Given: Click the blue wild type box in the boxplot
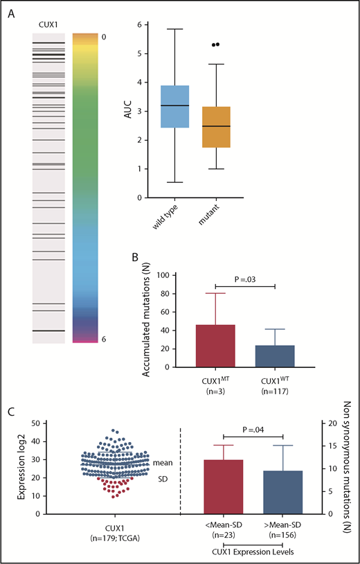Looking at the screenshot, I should pyautogui.click(x=174, y=107).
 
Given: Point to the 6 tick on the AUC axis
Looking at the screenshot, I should pyautogui.click(x=141, y=25).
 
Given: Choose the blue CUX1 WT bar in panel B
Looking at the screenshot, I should pyautogui.click(x=276, y=356).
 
